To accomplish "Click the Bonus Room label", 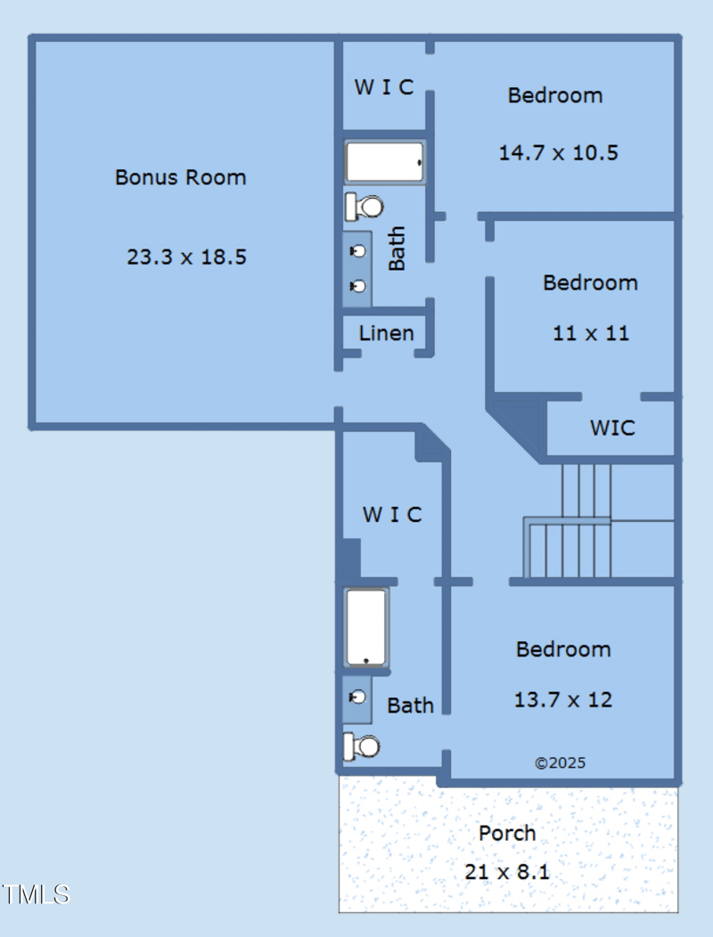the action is pyautogui.click(x=181, y=177).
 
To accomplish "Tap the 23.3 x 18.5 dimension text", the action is pyautogui.click(x=186, y=257).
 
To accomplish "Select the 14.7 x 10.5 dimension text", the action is pyautogui.click(x=559, y=153).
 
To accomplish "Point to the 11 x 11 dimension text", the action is pyautogui.click(x=591, y=333).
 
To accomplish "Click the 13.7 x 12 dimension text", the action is pyautogui.click(x=563, y=700).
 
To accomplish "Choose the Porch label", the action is pyautogui.click(x=507, y=833).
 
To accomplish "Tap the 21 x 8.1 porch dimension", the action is pyautogui.click(x=507, y=872).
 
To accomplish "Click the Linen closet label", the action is pyautogui.click(x=387, y=333).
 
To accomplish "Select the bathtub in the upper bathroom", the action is pyautogui.click(x=385, y=162).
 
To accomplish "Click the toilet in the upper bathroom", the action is pyautogui.click(x=365, y=208).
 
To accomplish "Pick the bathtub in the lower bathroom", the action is pyautogui.click(x=366, y=627).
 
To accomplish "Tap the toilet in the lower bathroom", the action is pyautogui.click(x=362, y=747).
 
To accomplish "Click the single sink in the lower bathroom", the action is pyautogui.click(x=357, y=697).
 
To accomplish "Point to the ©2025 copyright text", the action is pyautogui.click(x=560, y=763).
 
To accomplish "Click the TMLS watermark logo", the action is pyautogui.click(x=36, y=894).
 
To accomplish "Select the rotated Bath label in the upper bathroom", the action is pyautogui.click(x=397, y=249).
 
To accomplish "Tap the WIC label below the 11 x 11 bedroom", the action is pyautogui.click(x=612, y=428).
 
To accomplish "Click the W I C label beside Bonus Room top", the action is pyautogui.click(x=384, y=87).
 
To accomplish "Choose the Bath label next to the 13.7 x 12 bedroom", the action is pyautogui.click(x=410, y=705).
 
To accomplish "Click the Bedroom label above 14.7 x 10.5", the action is pyautogui.click(x=555, y=95).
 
